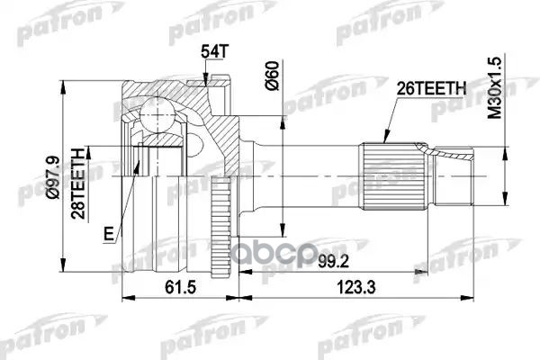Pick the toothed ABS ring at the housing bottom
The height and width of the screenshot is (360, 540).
pyautogui.click(x=220, y=247)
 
